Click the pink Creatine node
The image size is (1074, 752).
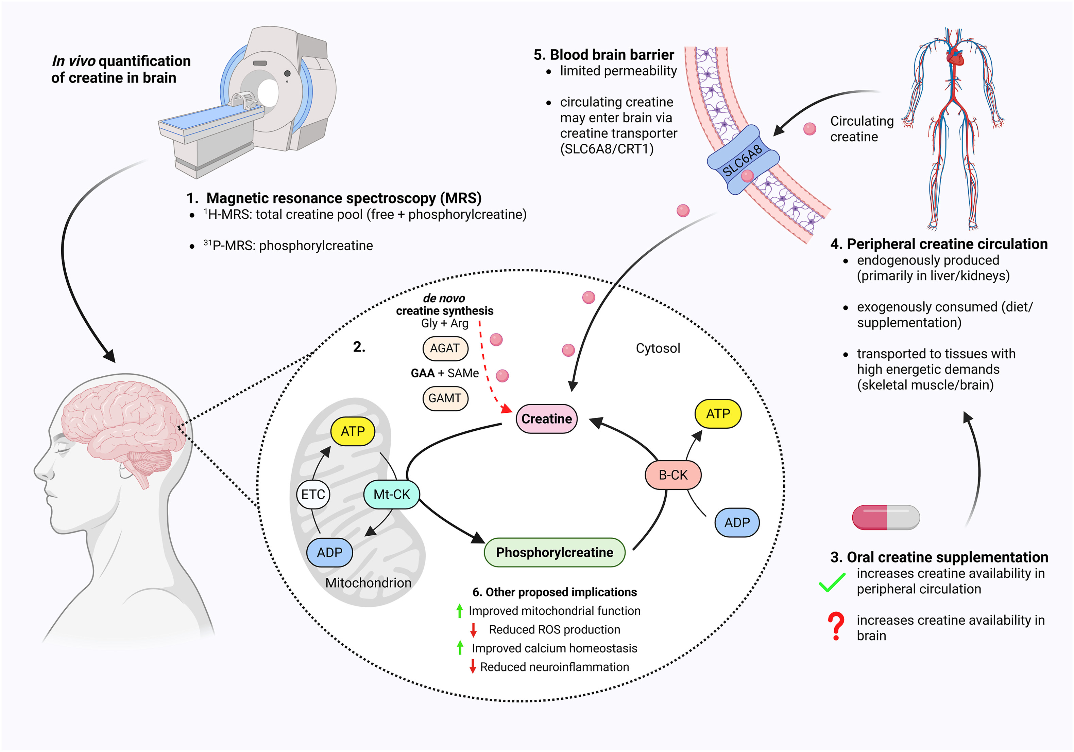(546, 419)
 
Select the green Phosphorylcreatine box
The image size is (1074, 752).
(554, 552)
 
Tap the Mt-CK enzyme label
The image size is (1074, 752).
(392, 495)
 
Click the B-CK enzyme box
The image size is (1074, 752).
(673, 475)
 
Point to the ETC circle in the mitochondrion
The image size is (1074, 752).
(313, 495)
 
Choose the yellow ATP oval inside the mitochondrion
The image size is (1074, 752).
(353, 431)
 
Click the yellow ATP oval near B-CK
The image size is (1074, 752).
(718, 414)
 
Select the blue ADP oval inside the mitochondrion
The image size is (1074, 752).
(330, 552)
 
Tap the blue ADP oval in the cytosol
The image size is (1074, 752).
(737, 522)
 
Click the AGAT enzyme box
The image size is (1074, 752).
(445, 348)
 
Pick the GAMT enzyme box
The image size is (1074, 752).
(445, 398)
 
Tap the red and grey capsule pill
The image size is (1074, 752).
(886, 517)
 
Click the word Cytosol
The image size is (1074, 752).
(658, 348)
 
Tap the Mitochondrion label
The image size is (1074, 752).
(368, 583)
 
